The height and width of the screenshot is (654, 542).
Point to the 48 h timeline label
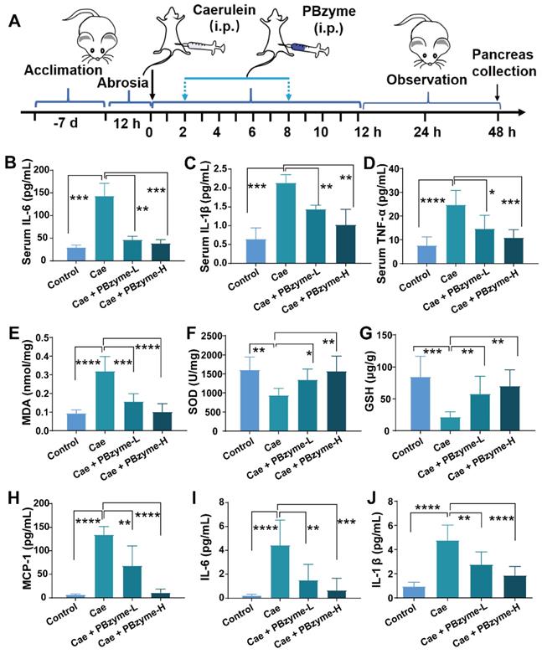(498, 131)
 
